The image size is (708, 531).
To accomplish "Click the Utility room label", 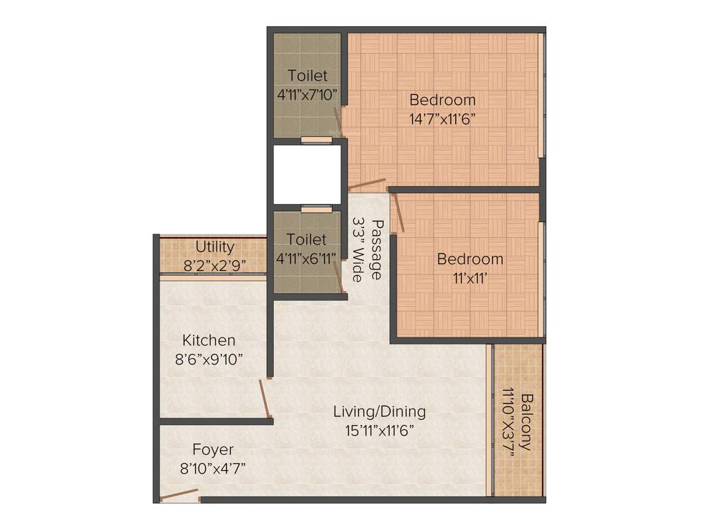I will (x=214, y=247).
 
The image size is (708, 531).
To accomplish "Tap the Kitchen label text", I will (x=209, y=340).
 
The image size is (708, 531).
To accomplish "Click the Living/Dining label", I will (x=380, y=411).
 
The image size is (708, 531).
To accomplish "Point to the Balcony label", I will (x=528, y=422).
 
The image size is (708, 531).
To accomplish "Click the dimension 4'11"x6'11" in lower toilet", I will (x=306, y=258).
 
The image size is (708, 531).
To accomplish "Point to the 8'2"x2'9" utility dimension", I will (x=214, y=265).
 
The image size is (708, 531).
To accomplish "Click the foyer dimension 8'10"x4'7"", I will (x=213, y=467).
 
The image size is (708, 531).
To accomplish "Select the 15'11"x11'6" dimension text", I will (x=380, y=430).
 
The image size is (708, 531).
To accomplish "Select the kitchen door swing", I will (x=265, y=399).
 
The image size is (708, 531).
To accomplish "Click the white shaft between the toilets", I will (x=308, y=174).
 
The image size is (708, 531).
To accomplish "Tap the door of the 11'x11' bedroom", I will (x=398, y=213).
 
